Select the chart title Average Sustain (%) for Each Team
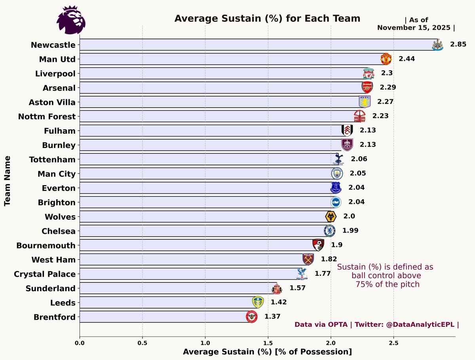(267, 19)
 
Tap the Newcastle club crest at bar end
(437, 45)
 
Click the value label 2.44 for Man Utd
(407, 59)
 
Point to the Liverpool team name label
(55, 74)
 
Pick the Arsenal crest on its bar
(367, 87)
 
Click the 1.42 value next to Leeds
(278, 302)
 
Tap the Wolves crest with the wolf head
(331, 217)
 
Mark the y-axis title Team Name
(7, 180)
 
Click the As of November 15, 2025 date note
(416, 24)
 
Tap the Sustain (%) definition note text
(385, 276)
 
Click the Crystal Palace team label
(44, 274)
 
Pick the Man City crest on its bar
(337, 173)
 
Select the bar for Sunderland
(178, 288)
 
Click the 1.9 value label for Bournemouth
(336, 245)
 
